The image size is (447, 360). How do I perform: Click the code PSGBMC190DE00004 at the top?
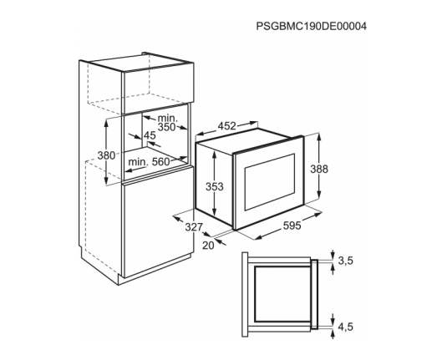click(x=312, y=27)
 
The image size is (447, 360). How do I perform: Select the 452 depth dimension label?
click(x=227, y=126)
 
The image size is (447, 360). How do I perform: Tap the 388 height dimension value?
click(x=319, y=169)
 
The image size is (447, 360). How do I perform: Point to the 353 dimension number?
click(x=215, y=187)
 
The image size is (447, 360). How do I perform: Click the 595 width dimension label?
click(x=292, y=226)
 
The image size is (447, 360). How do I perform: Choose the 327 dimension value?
click(x=194, y=227)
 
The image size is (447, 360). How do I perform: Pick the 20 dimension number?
click(x=208, y=246)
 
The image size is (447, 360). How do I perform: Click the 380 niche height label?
click(x=106, y=155)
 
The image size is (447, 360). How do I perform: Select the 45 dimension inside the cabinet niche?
click(x=150, y=135)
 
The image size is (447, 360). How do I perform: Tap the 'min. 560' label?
click(x=149, y=162)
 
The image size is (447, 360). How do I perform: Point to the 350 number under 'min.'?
click(x=167, y=127)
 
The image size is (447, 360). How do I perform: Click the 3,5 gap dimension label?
click(x=346, y=261)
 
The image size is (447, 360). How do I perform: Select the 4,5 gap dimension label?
click(x=346, y=327)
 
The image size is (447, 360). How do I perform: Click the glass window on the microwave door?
click(x=270, y=182)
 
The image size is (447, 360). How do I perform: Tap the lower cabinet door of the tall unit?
click(x=158, y=222)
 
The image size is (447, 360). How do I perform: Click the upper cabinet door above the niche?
click(x=158, y=89)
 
